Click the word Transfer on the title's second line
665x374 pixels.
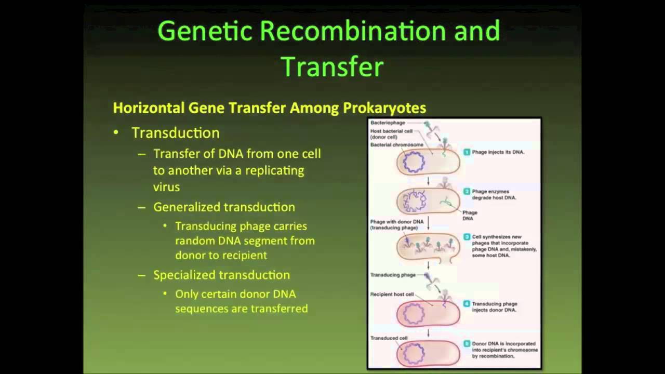coord(331,66)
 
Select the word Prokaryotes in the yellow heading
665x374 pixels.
coord(384,108)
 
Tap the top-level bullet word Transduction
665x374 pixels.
coord(175,133)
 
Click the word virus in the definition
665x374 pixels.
coord(166,187)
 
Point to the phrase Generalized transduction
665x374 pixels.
coord(224,207)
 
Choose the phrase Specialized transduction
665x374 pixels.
coord(221,275)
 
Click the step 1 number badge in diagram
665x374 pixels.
coord(467,152)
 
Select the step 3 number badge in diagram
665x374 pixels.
coord(467,237)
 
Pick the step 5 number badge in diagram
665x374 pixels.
coord(467,344)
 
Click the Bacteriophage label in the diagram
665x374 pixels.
coord(388,123)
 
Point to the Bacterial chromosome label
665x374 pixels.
coord(397,145)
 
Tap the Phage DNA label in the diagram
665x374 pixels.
coord(470,216)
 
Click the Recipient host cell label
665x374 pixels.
coord(392,295)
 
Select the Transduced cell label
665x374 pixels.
coord(389,338)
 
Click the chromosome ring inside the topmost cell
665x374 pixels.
coord(414,163)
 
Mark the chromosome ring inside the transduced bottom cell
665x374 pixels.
coord(414,355)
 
